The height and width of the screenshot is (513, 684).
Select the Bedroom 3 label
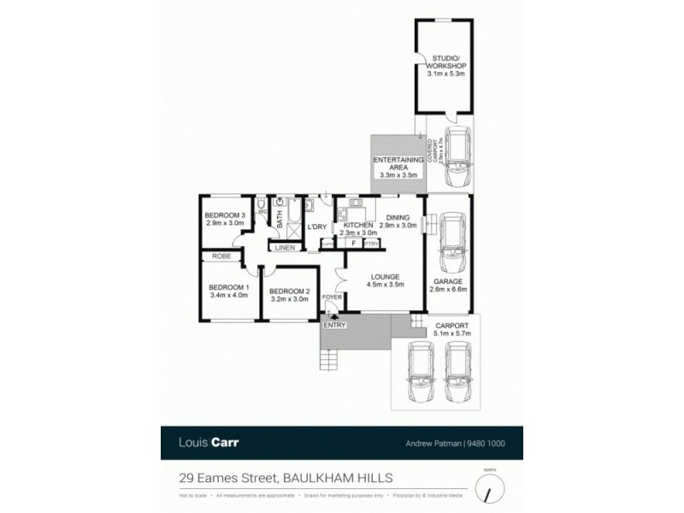pyautogui.click(x=226, y=215)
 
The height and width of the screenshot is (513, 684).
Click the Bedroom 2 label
pyautogui.click(x=291, y=290)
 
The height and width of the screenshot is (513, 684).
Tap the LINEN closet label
pyautogui.click(x=284, y=248)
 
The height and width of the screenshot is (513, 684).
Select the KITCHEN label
pyautogui.click(x=357, y=224)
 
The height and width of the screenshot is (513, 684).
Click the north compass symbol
pyautogui.click(x=489, y=489)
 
